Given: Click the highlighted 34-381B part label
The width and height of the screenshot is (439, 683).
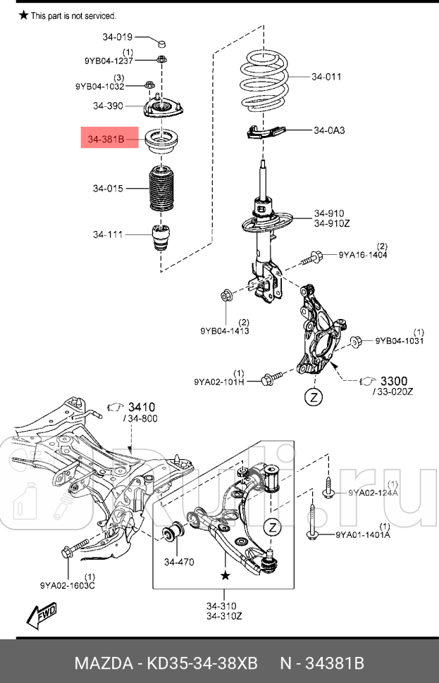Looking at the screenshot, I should pyautogui.click(x=106, y=140).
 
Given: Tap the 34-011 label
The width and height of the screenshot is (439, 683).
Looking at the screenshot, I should pyautogui.click(x=326, y=77).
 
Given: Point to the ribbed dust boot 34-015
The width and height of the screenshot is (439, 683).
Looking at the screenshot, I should pyautogui.click(x=161, y=189).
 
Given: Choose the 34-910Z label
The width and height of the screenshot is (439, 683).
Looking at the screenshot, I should pyautogui.click(x=329, y=223).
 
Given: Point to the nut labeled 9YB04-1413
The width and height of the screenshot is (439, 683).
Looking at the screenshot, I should pyautogui.click(x=227, y=294).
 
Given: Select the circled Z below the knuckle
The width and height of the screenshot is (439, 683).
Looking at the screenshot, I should pyautogui.click(x=314, y=397).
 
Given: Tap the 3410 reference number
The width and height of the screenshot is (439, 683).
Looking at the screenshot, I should pyautogui.click(x=141, y=407).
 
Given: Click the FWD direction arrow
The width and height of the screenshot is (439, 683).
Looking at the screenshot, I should pyautogui.click(x=43, y=615).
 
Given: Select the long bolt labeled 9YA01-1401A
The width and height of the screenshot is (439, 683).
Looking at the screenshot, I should pyautogui.click(x=312, y=521).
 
